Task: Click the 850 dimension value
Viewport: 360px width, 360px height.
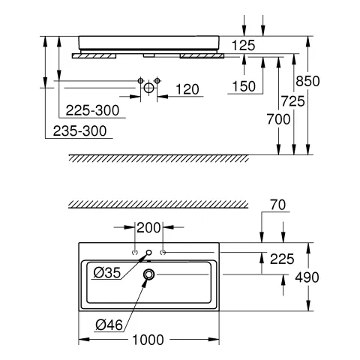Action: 327,80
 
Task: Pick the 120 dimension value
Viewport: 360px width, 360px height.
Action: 187,90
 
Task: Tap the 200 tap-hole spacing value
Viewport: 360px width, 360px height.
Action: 148,226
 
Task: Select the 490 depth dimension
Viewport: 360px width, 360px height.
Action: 327,277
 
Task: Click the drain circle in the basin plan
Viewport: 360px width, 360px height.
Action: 148,275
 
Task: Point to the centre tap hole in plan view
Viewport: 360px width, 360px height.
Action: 148,253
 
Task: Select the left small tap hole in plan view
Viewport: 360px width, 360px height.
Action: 134,253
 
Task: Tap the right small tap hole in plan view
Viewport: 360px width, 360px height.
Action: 162,253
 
